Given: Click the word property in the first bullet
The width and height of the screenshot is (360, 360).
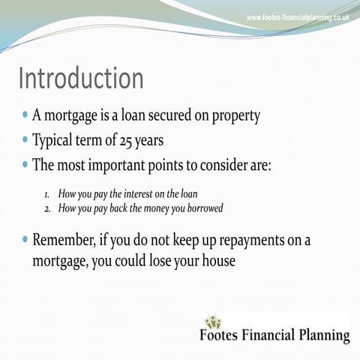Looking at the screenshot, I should [x=235, y=116].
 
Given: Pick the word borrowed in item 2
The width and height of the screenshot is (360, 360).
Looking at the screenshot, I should [x=202, y=208].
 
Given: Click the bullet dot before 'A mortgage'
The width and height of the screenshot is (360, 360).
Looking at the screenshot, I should [x=25, y=116].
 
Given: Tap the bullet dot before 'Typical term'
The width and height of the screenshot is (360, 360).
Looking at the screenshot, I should [x=25, y=140].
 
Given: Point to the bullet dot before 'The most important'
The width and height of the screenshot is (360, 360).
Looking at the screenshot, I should [x=25, y=164].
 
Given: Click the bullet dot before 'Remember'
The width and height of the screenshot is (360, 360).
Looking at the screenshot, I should [x=25, y=241].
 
